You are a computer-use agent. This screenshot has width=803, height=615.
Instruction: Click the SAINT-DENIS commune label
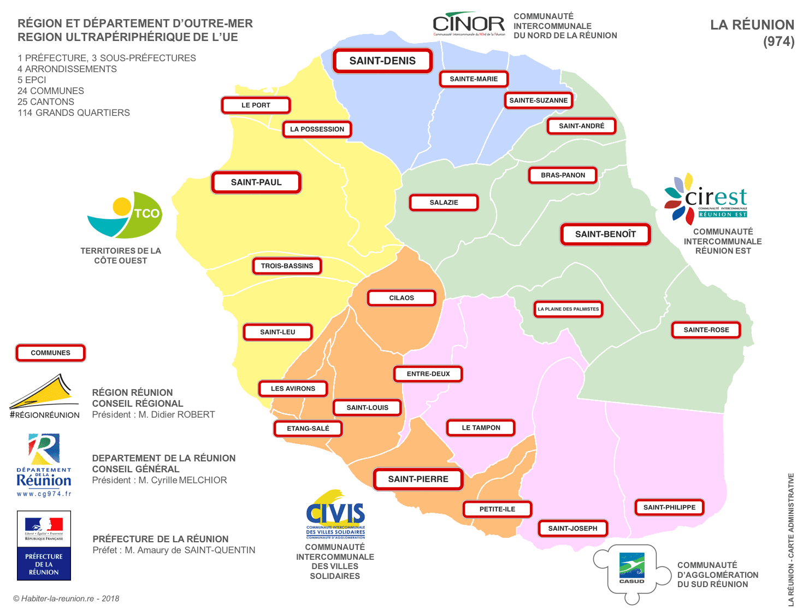[382, 61]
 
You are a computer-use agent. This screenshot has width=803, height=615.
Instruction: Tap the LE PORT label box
[256, 105]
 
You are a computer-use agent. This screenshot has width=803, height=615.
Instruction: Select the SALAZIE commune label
[444, 202]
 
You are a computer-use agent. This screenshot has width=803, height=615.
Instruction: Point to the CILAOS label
[401, 298]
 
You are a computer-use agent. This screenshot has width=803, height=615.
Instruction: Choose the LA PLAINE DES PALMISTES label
[568, 309]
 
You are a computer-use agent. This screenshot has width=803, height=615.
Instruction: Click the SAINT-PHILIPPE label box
[669, 507]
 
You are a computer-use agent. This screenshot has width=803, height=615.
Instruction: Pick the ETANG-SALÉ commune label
[308, 429]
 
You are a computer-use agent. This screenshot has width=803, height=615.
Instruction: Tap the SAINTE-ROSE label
[706, 330]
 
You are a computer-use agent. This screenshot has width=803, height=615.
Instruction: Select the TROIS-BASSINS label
[287, 266]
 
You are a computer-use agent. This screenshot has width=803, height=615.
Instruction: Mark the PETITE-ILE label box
[497, 509]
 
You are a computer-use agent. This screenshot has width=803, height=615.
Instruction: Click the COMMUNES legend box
[51, 353]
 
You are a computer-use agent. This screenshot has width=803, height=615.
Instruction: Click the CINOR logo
[469, 24]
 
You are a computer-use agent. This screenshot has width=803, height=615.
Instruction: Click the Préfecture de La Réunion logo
[44, 546]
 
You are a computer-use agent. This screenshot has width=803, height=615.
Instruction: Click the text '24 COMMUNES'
[51, 91]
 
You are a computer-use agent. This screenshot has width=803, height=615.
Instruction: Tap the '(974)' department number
[778, 42]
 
